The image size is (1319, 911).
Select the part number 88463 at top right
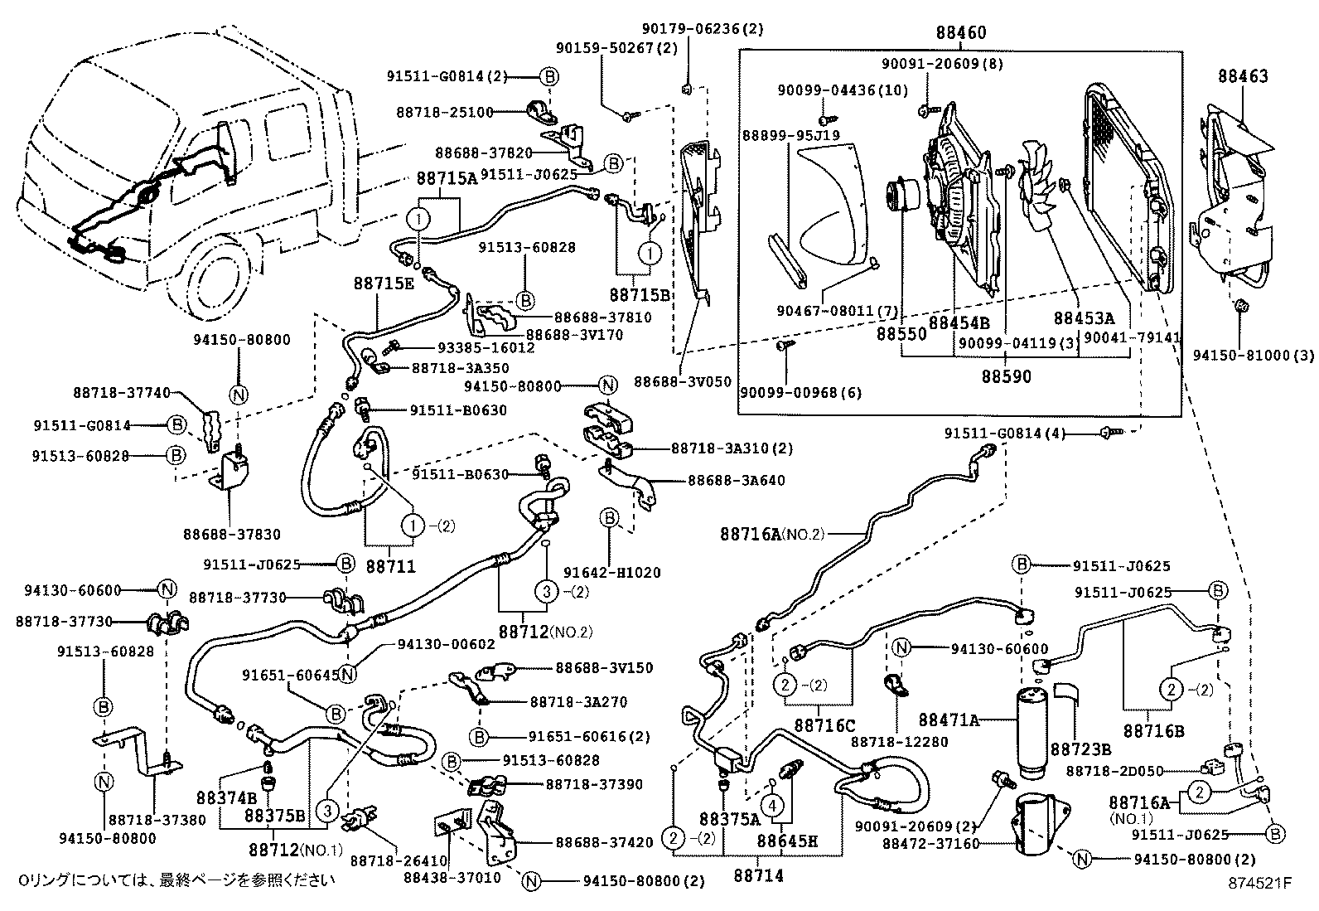(x=1242, y=76)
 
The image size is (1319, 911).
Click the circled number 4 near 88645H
(x=772, y=806)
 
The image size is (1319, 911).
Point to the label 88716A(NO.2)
(x=772, y=535)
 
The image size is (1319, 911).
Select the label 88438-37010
(x=452, y=878)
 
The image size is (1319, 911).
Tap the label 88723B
(x=1080, y=749)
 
